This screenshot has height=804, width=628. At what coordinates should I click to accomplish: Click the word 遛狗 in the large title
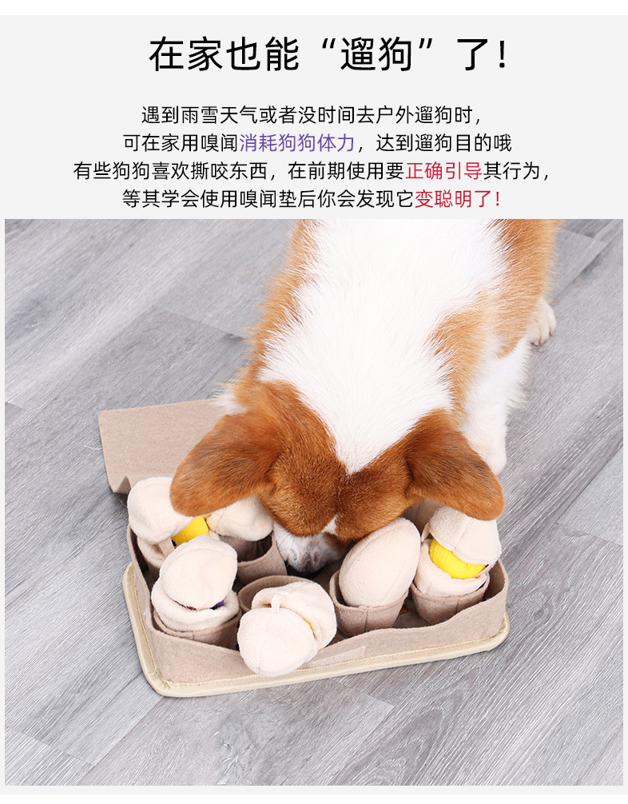tap(378, 54)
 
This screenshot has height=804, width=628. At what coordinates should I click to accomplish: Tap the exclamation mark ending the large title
tap(501, 54)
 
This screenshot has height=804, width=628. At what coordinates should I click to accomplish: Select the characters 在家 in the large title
tap(186, 54)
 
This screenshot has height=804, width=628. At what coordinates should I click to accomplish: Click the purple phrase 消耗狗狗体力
tap(296, 144)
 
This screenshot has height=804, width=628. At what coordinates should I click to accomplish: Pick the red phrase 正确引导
tap(443, 171)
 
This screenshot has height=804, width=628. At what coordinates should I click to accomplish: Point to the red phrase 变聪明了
tap(453, 199)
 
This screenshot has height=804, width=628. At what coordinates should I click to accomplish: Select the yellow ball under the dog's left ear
tap(191, 530)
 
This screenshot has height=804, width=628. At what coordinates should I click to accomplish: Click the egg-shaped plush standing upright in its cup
tap(379, 563)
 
